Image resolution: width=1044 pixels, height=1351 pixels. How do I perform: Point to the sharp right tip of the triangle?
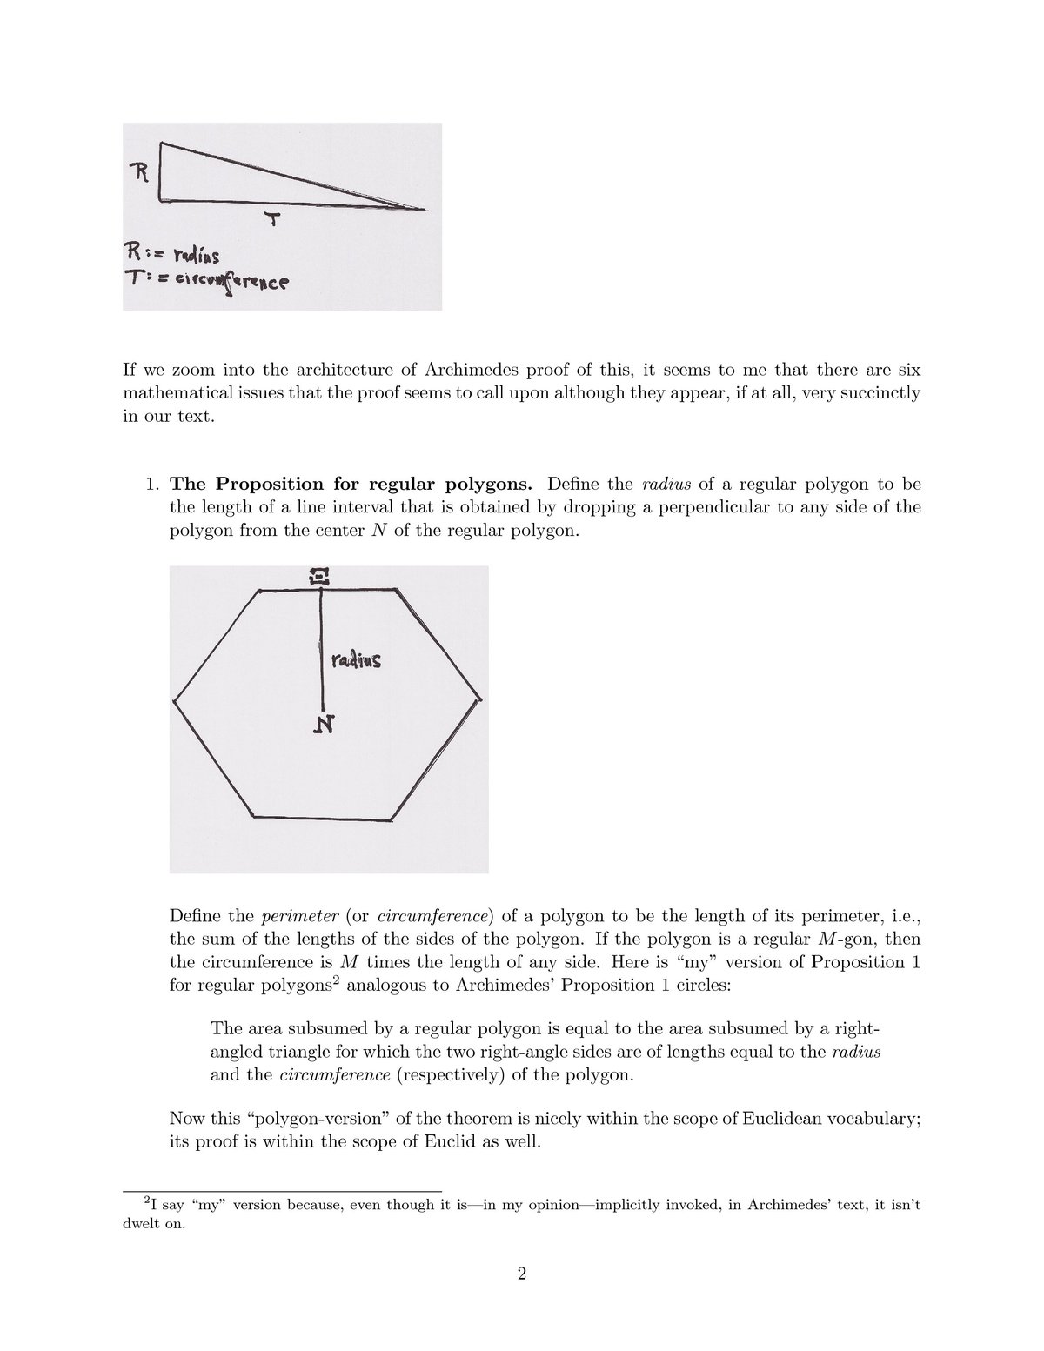click(x=426, y=210)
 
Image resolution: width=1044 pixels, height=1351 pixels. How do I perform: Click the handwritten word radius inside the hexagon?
click(x=356, y=660)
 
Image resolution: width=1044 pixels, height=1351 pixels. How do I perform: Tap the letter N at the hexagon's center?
click(x=322, y=724)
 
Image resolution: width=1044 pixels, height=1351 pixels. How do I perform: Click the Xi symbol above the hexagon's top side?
click(x=321, y=575)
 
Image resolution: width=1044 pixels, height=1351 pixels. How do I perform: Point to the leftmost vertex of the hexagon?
click(x=175, y=699)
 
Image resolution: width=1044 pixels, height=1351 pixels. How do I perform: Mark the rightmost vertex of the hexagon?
click(x=479, y=698)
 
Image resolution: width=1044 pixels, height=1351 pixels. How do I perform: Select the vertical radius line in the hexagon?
click(x=322, y=648)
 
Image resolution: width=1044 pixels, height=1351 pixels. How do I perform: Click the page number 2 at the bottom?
click(x=522, y=1299)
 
